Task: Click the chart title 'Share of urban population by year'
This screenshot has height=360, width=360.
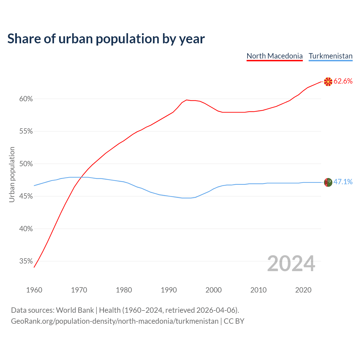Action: pos(106,39)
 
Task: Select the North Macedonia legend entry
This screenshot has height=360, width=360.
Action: pos(274,56)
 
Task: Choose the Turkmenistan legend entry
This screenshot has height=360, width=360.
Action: pos(330,56)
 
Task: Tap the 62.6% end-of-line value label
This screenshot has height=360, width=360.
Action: pos(343,81)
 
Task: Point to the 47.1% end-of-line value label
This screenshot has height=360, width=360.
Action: pos(343,182)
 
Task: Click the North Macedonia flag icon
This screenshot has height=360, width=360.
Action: pos(328,82)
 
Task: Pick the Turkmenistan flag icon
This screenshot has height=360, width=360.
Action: pos(328,183)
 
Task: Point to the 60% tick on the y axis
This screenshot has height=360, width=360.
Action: pos(26,99)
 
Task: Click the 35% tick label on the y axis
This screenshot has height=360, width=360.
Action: pos(26,261)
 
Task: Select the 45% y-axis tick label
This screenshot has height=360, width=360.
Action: pos(26,196)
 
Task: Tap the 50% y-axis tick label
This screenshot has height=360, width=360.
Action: pos(26,164)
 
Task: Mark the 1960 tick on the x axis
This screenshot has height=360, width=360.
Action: pos(34,290)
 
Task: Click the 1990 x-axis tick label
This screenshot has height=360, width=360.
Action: pos(169,290)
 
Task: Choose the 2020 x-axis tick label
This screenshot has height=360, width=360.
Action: pos(303,290)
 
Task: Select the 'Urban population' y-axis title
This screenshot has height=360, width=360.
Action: pos(12,174)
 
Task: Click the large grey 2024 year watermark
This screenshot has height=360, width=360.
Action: pos(291,264)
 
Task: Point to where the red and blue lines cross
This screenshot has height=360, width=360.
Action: pos(81,177)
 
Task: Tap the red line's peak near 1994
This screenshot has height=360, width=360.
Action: pos(186,100)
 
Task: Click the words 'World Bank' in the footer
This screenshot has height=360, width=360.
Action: pos(75,310)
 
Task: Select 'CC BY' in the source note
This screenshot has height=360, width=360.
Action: pos(234,321)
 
